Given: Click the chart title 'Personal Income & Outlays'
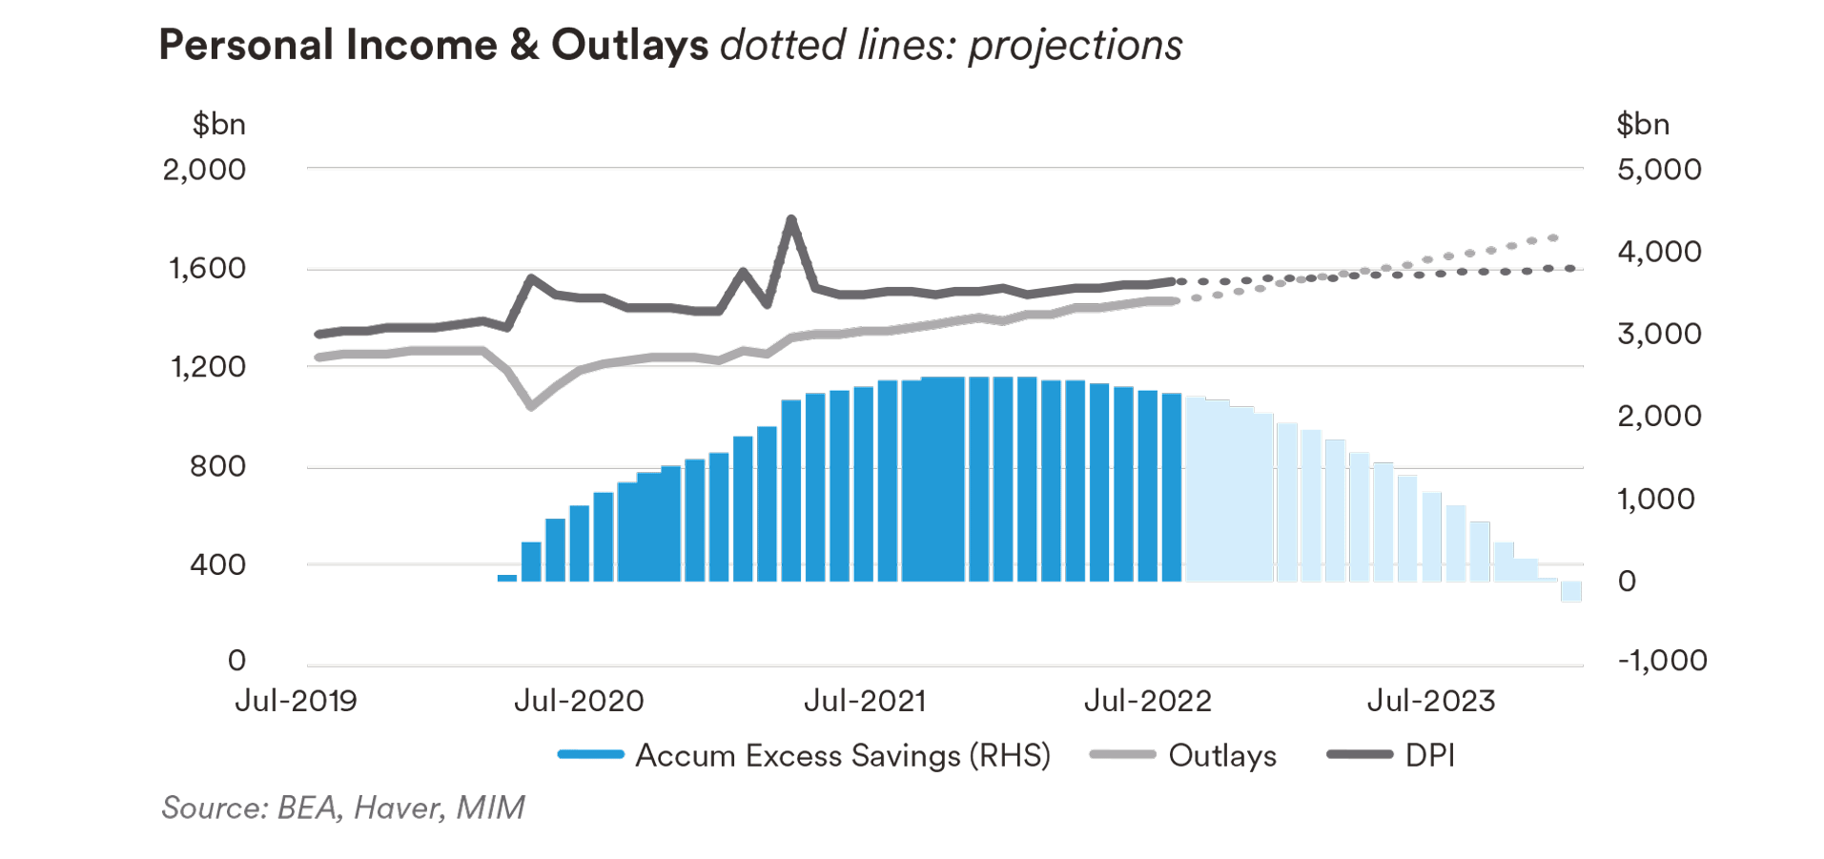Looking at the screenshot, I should tap(433, 45).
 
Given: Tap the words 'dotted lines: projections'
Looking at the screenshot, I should tap(951, 45).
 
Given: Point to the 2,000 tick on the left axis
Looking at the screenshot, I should tap(204, 170).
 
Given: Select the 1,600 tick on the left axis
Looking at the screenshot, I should tap(207, 268).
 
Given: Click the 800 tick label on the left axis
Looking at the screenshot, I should tap(217, 466).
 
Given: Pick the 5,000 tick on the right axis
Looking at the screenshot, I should tap(1659, 170).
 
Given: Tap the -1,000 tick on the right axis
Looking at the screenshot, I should tap(1662, 660).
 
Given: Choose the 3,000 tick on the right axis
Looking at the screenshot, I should tap(1659, 334).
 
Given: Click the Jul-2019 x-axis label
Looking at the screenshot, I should tap(296, 702).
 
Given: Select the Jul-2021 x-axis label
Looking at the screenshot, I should tap(865, 702).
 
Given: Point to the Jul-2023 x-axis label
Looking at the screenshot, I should tap(1431, 702).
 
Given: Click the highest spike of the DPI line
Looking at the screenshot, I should tap(790, 219).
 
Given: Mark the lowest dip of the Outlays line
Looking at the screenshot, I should tap(531, 406).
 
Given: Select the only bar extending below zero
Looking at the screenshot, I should tap(1570, 591).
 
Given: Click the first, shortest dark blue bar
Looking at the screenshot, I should tap(507, 578).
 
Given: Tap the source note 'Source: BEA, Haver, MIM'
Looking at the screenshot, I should tap(343, 808).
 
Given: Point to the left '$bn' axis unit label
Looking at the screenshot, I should tap(219, 124).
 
